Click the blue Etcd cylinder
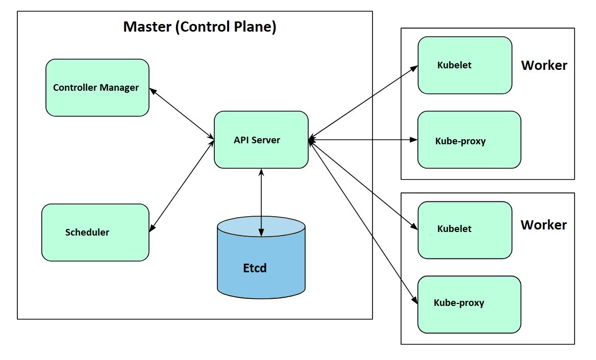[x=261, y=275]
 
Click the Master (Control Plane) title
[x=200, y=27]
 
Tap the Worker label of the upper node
[x=544, y=65]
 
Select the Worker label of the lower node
[x=544, y=225]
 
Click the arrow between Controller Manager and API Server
[x=182, y=113]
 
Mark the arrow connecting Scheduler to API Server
[x=182, y=186]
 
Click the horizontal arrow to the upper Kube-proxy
[x=363, y=139]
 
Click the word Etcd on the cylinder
[x=255, y=268]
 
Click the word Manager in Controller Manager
[x=119, y=88]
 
